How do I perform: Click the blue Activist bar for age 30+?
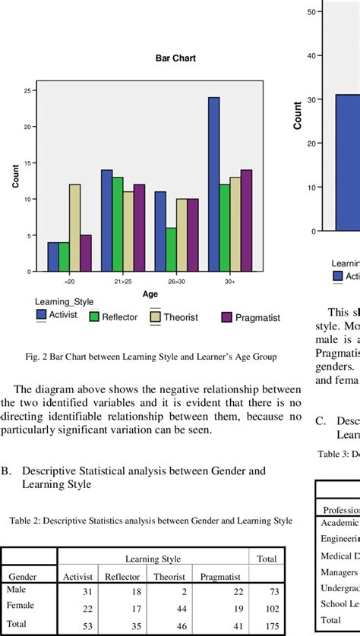[x=214, y=184]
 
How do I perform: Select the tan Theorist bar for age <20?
[x=74, y=228]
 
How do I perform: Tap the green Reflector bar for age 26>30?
[x=171, y=250]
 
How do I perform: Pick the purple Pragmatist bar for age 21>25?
[x=139, y=228]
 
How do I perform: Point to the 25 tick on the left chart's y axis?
[x=27, y=90]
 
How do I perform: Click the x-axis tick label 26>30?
[x=176, y=281]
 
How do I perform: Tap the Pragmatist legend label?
[x=257, y=317]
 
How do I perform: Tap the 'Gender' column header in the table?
[x=23, y=577]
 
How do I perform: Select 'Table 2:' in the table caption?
[x=27, y=521]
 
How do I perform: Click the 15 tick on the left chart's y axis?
[x=27, y=163]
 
